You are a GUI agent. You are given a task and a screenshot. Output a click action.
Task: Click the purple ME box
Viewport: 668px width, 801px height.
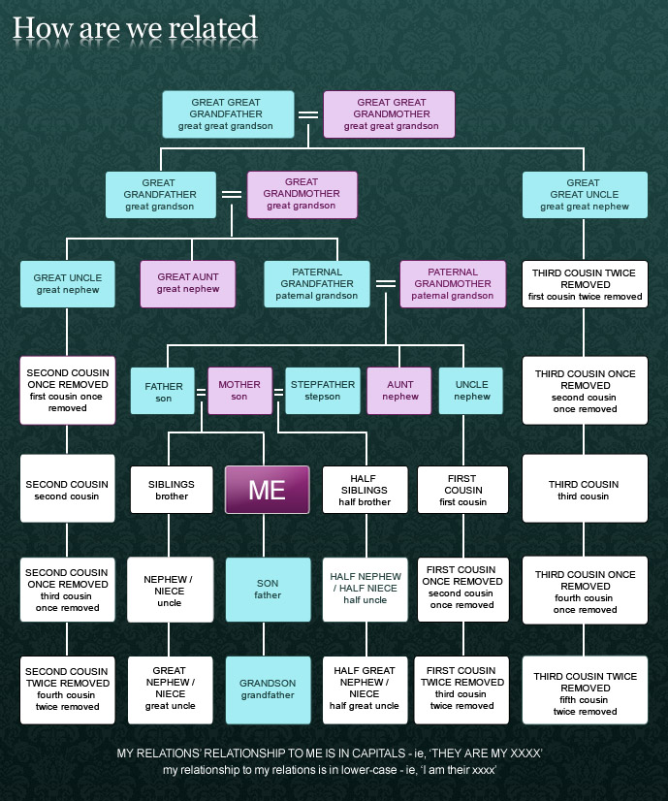[267, 490]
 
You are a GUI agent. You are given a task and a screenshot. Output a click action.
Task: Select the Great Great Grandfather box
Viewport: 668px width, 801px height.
[228, 114]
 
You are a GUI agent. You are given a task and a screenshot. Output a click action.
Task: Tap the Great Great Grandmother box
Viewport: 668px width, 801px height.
[389, 114]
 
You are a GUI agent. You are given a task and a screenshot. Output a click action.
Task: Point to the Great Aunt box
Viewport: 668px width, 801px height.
[188, 283]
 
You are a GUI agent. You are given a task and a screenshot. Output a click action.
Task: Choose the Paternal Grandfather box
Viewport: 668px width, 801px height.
[317, 283]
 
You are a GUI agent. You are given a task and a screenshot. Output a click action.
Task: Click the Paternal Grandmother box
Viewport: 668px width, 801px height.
[453, 283]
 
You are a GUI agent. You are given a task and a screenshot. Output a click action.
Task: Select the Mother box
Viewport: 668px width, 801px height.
[239, 391]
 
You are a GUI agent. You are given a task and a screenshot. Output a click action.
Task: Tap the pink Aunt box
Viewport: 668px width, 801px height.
[398, 391]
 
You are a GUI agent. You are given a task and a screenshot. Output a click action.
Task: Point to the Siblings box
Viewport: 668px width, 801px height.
[171, 490]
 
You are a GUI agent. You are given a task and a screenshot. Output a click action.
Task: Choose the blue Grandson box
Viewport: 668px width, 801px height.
[268, 689]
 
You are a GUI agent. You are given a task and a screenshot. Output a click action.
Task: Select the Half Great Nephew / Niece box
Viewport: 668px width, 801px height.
[365, 689]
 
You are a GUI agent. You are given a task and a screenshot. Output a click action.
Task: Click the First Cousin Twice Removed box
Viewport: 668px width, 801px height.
[462, 689]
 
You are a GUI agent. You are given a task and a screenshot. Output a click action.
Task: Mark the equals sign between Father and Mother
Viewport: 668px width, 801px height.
[202, 393]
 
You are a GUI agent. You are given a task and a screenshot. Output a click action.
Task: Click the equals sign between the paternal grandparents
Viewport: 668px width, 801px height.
[385, 284]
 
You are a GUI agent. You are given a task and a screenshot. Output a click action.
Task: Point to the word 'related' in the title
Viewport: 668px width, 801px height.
[212, 28]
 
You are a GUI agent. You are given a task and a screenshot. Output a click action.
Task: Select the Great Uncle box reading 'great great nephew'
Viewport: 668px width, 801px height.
[584, 194]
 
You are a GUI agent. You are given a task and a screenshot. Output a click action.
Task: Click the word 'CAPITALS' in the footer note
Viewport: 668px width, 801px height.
[372, 753]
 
